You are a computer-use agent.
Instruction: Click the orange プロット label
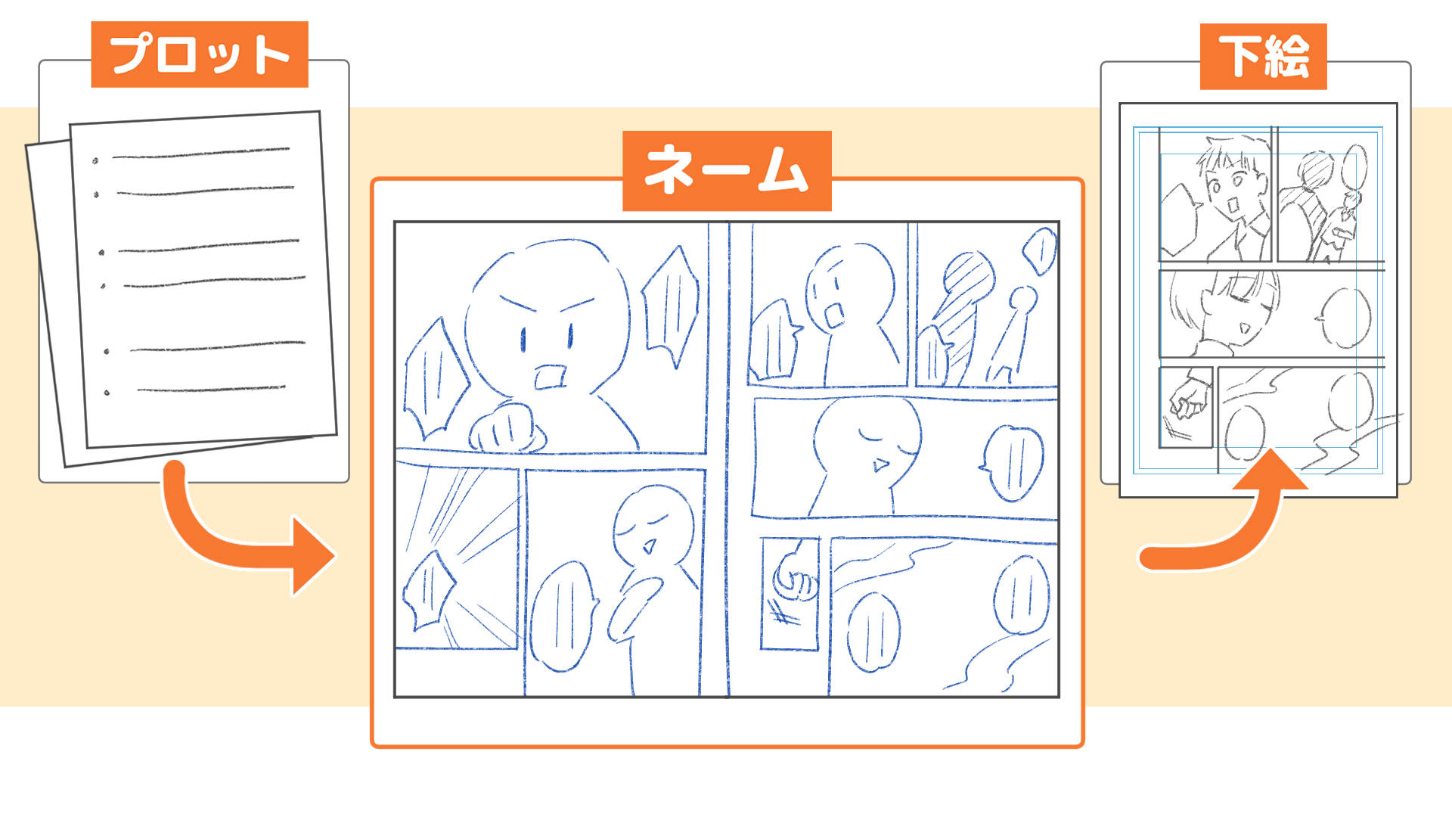point(199,54)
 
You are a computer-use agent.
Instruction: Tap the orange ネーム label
point(726,171)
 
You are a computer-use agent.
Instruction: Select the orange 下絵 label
point(1263,57)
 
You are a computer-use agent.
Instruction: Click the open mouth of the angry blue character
point(550,376)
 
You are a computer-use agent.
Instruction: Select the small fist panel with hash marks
point(790,594)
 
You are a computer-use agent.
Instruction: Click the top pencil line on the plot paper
point(200,154)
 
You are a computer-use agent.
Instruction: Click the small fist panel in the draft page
point(1186,407)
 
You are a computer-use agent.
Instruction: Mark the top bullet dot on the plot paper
point(95,160)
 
